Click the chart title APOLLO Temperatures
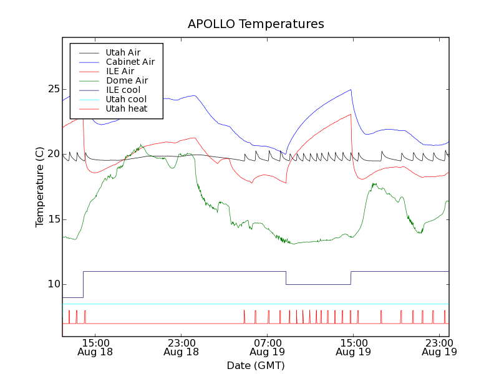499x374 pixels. coord(256,24)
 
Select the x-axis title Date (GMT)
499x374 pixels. coord(256,365)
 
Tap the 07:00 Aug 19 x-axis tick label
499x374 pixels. coord(267,347)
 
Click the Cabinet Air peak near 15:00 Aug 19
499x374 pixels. coord(351,89)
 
